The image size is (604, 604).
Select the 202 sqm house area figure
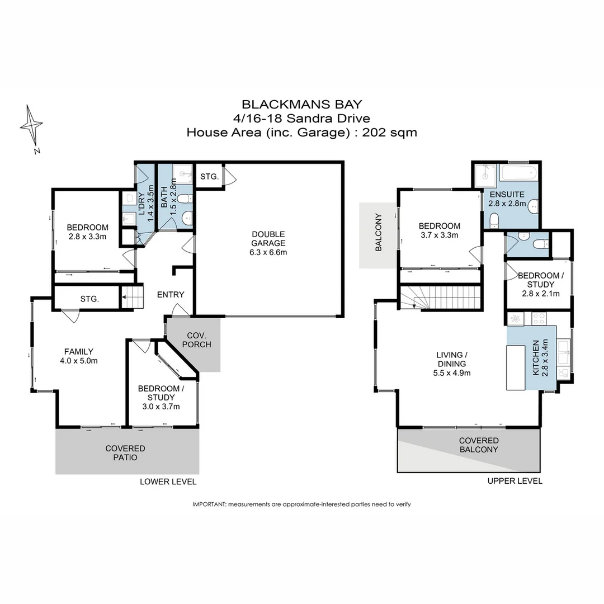390,133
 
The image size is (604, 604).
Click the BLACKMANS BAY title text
301,104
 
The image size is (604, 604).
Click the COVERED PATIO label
125,453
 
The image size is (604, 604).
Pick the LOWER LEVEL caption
168,482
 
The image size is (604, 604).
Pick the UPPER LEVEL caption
515,481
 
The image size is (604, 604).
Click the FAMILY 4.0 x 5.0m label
78,356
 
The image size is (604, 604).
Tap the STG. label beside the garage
209,177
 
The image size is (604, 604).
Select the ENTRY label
171,295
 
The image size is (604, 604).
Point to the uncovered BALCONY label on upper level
378,232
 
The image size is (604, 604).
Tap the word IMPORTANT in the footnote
209,504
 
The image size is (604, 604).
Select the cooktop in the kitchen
539,319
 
